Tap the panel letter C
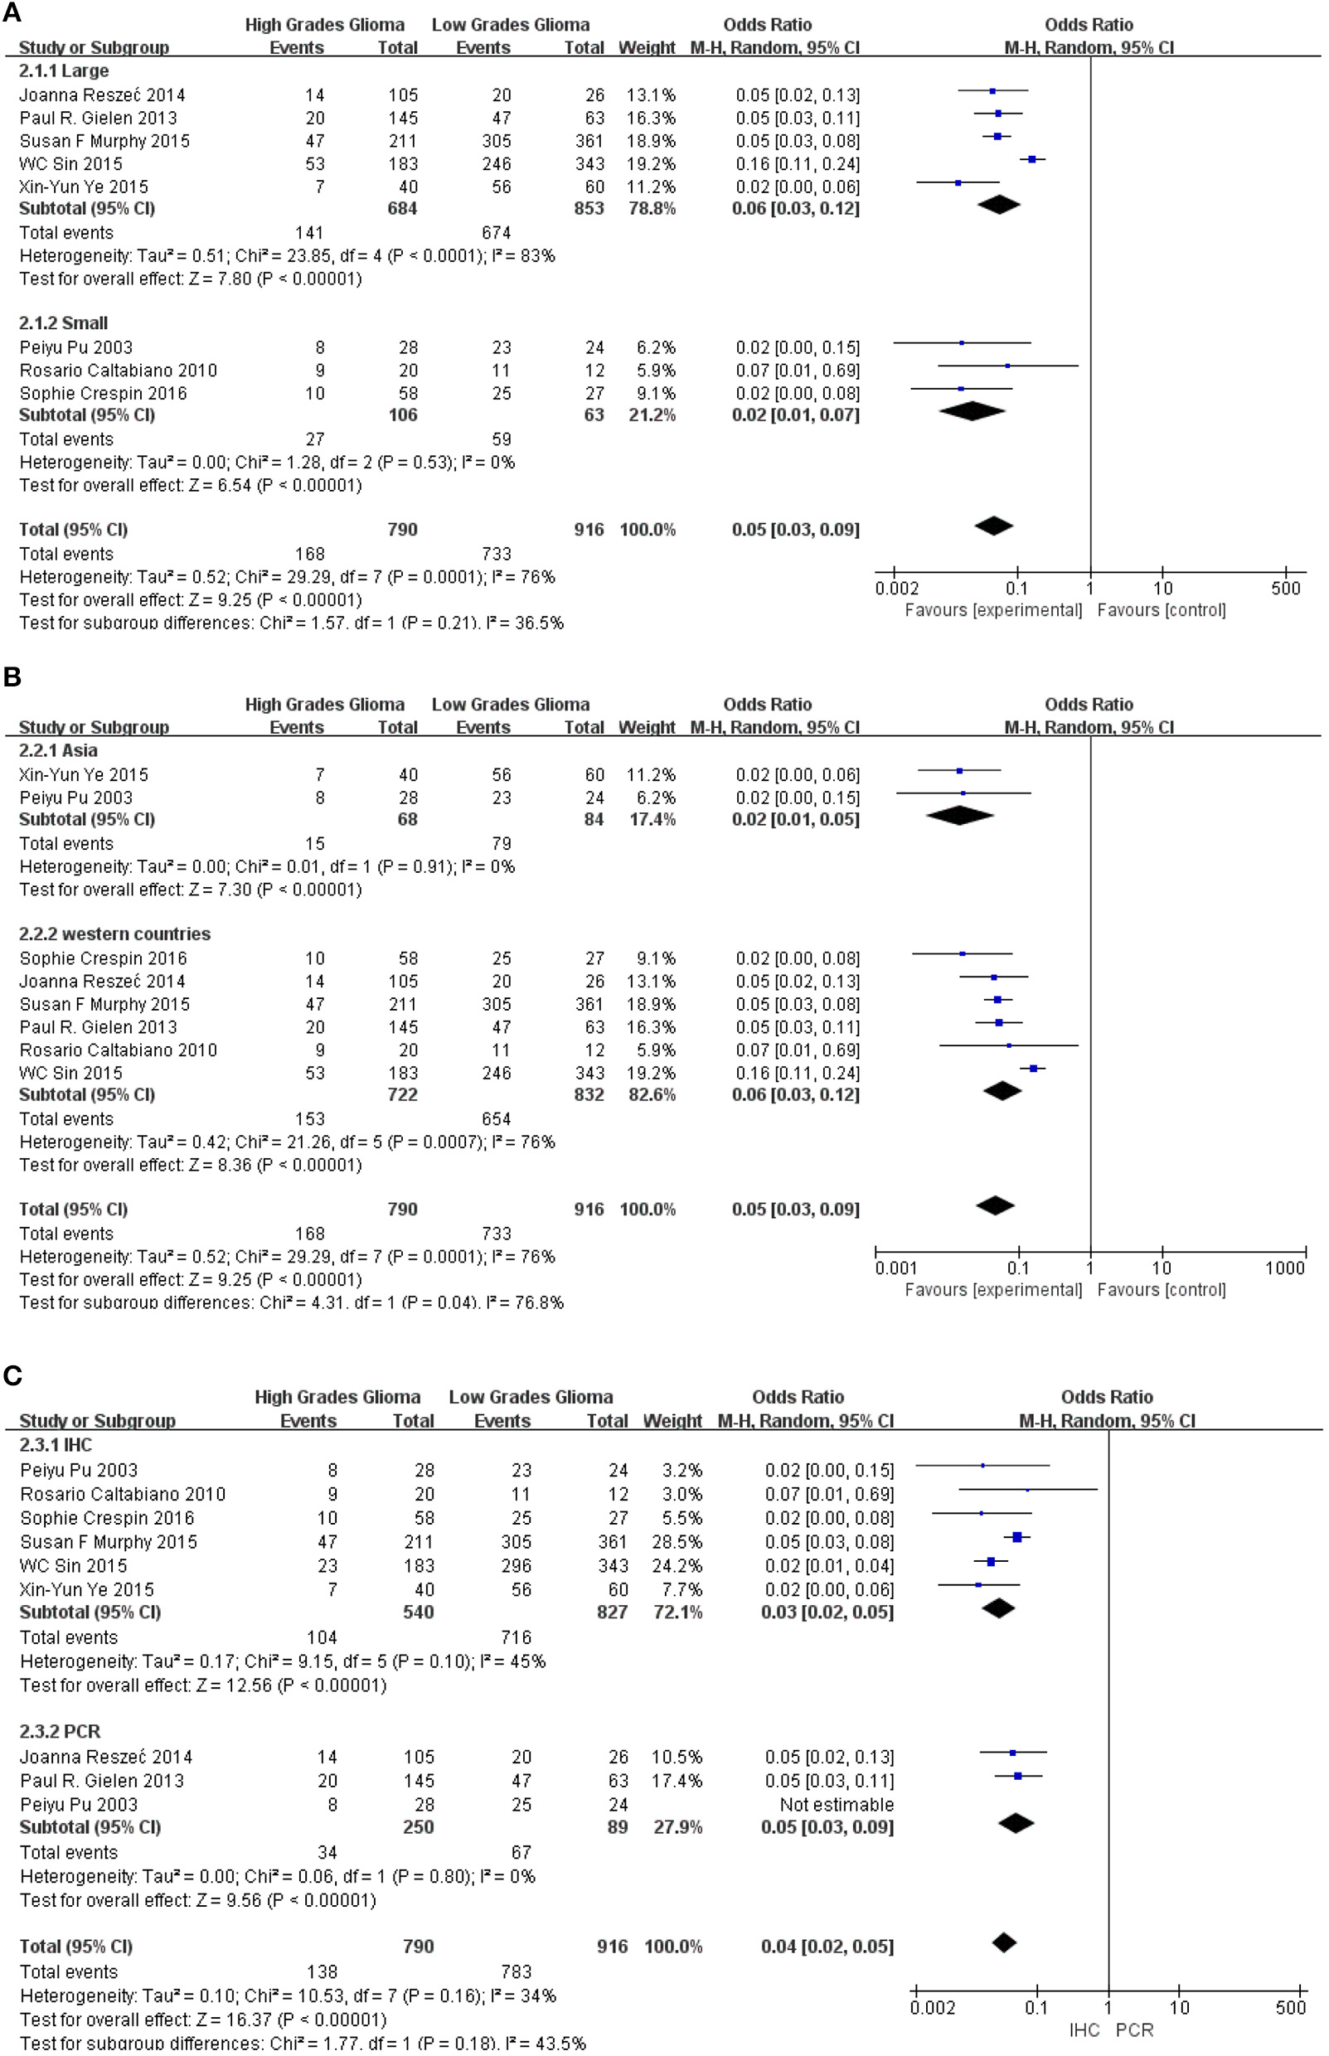[x=12, y=1375]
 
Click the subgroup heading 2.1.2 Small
[x=63, y=323]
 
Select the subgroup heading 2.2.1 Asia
[x=58, y=750]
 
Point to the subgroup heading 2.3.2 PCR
[x=60, y=1732]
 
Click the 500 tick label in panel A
[x=1285, y=589]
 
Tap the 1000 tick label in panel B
[x=1284, y=1268]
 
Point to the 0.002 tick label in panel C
[x=932, y=2008]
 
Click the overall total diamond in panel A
[x=993, y=526]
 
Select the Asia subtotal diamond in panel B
[x=959, y=815]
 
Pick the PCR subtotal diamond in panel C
[x=1016, y=1823]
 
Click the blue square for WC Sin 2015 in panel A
[x=1032, y=158]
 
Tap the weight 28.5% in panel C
[x=677, y=1542]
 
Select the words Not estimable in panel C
[x=837, y=1804]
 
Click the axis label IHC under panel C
[x=1084, y=2030]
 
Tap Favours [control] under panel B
[x=1161, y=1290]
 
